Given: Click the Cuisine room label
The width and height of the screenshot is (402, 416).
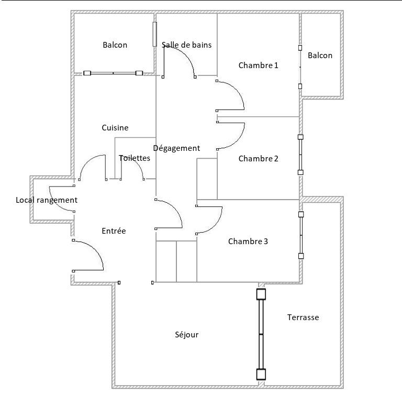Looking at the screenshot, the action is click(x=115, y=128).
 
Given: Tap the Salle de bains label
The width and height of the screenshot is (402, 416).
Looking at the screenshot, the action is click(x=186, y=45).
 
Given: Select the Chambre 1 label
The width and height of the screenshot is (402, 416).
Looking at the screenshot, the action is click(x=259, y=65).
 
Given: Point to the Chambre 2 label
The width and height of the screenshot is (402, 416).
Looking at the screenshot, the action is click(x=259, y=159).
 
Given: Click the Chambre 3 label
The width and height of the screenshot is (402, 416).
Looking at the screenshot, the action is click(x=248, y=242).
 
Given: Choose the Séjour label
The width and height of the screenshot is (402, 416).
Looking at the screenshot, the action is click(x=186, y=335).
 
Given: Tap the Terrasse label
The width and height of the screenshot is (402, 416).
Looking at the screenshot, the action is click(x=303, y=318).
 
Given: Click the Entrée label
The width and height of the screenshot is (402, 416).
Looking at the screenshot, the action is click(x=114, y=231).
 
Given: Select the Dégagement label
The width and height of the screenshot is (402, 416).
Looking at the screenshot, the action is click(x=176, y=148).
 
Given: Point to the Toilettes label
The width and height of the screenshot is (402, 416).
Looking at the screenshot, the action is click(x=135, y=158).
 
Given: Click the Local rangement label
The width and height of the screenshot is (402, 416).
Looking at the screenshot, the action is click(x=47, y=200).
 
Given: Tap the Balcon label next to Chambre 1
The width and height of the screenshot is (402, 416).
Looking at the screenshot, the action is click(x=320, y=56).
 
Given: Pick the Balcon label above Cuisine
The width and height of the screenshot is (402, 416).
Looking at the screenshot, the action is click(x=115, y=45).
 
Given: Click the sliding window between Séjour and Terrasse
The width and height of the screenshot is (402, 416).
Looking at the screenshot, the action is click(x=261, y=334).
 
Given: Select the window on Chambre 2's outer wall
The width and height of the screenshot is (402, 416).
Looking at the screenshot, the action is click(x=300, y=155).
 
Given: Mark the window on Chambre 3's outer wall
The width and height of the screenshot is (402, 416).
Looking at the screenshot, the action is click(x=301, y=235).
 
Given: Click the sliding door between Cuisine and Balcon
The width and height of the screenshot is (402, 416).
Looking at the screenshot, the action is click(x=113, y=73).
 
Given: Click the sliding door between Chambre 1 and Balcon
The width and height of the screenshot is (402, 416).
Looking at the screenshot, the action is click(x=300, y=67).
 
